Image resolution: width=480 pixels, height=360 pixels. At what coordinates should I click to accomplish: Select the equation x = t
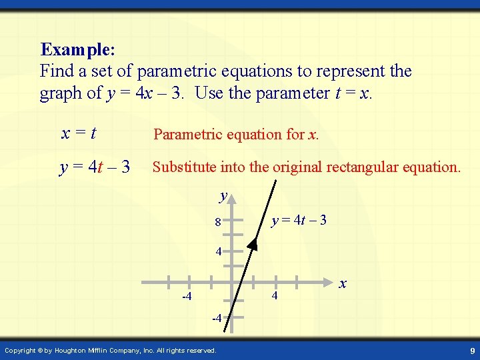click(79, 133)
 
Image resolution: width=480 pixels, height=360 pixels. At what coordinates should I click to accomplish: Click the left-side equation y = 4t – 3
click(95, 167)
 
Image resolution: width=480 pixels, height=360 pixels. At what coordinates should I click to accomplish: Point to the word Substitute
click(184, 167)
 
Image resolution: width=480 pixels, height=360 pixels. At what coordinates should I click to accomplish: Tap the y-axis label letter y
click(224, 196)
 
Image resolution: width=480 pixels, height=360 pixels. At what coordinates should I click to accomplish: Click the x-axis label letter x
click(343, 283)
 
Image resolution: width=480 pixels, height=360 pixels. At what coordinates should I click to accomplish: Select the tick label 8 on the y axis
click(217, 222)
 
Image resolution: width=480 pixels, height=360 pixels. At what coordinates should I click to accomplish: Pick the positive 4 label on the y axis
click(218, 253)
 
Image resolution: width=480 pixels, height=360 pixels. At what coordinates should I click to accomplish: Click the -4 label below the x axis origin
click(217, 319)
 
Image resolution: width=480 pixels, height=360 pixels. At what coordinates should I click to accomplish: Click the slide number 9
click(471, 350)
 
